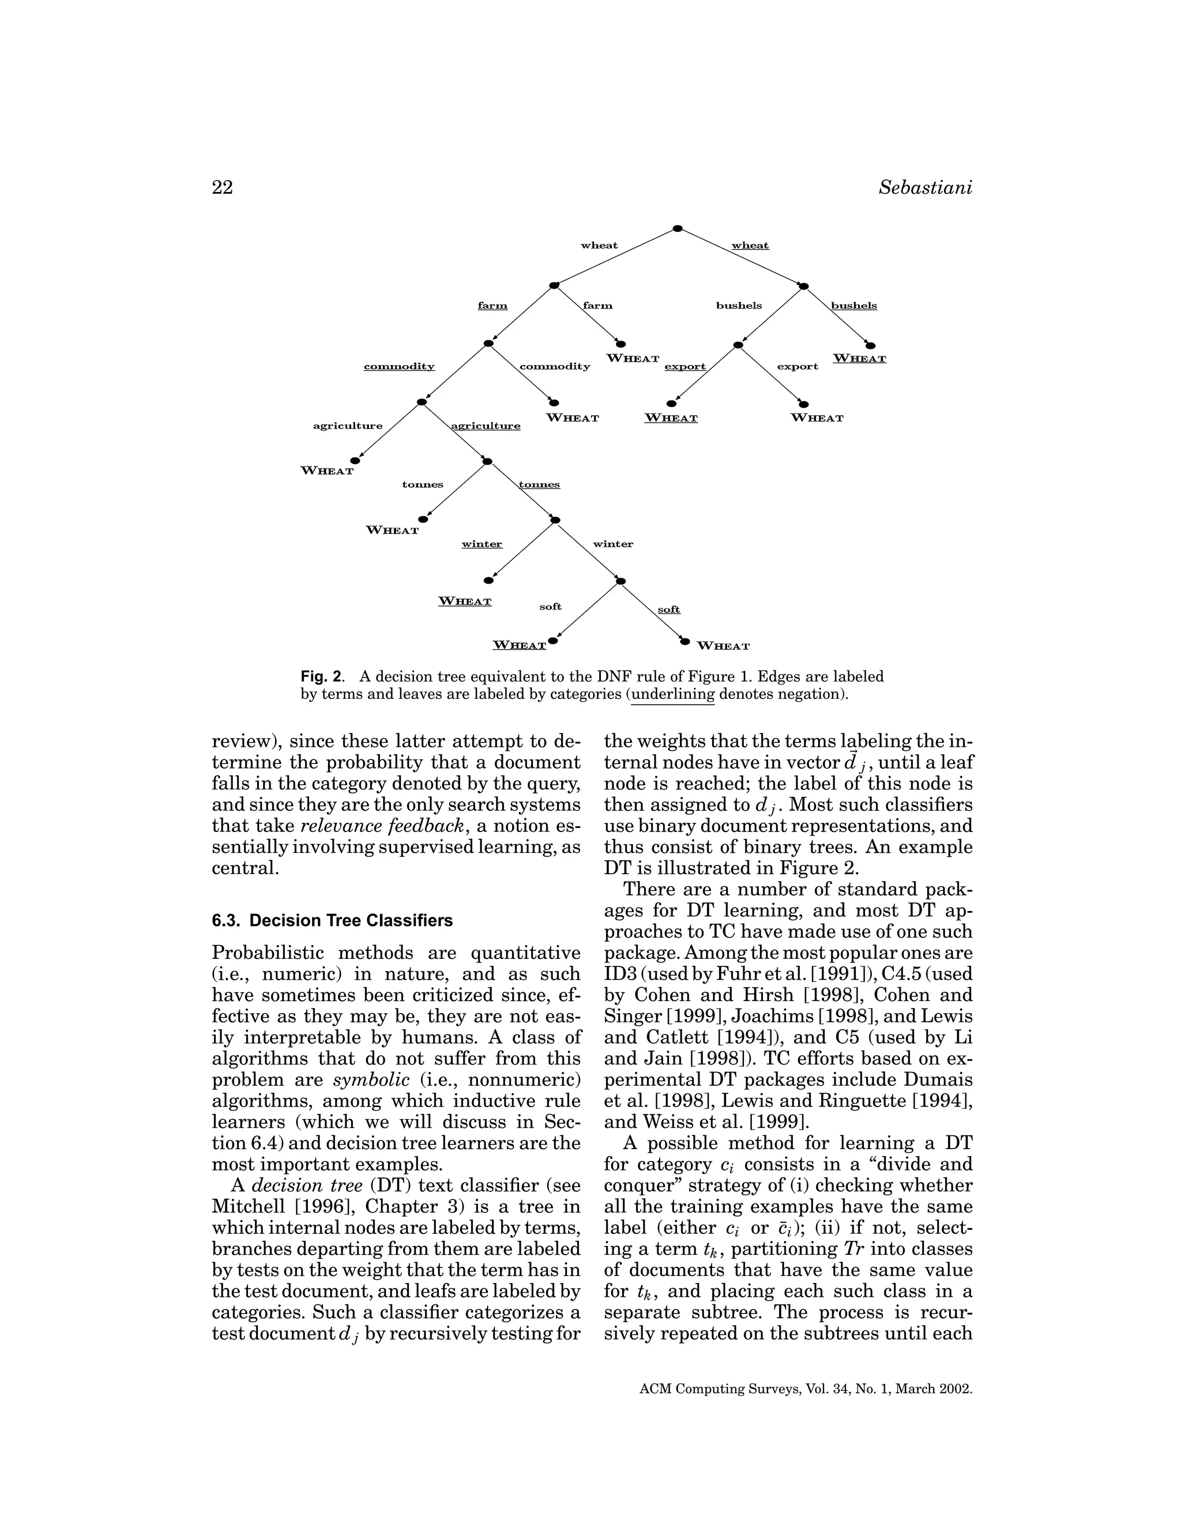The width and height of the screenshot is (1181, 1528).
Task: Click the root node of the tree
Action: coord(677,229)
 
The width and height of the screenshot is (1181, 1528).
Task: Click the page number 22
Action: coord(222,187)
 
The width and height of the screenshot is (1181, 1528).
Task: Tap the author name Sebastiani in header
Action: coord(925,187)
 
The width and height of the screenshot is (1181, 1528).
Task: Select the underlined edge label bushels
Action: coord(853,306)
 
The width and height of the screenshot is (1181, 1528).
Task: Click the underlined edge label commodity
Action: coord(399,367)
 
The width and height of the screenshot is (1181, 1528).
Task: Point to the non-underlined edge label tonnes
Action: coord(423,485)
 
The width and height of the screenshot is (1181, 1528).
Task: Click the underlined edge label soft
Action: coord(669,609)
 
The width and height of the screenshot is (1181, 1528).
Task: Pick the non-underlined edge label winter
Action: coord(613,544)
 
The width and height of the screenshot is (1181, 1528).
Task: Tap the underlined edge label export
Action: coord(685,367)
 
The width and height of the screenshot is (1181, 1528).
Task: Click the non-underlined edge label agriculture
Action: coord(348,426)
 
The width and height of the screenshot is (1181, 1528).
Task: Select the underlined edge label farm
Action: coord(492,306)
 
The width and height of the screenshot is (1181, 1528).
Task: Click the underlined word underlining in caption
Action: coord(673,695)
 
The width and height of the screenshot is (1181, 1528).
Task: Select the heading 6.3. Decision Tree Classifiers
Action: coord(332,920)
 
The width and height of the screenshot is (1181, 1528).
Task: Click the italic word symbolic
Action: coord(371,1079)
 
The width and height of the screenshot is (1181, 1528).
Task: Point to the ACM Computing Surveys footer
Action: coord(806,1389)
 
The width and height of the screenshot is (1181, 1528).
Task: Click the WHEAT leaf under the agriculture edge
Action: coord(328,471)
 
